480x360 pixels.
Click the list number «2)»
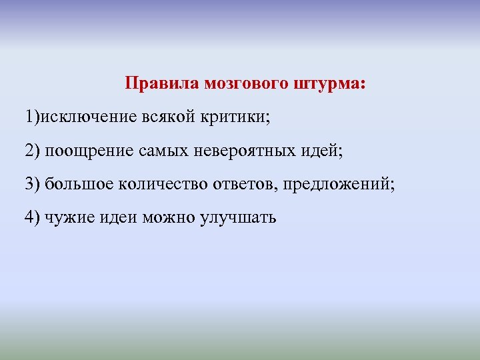(x=33, y=151)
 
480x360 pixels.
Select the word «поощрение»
(x=89, y=151)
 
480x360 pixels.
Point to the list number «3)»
(x=33, y=184)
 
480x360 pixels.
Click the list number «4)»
(x=33, y=217)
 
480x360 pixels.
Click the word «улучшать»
(x=237, y=217)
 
